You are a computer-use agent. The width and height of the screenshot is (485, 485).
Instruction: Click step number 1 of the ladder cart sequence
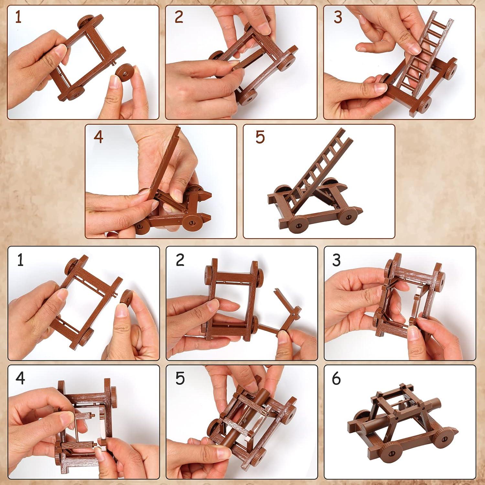coord(18,17)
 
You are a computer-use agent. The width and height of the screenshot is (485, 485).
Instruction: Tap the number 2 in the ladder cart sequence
coord(179,17)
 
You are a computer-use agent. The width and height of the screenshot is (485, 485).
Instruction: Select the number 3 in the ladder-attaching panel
coord(338,17)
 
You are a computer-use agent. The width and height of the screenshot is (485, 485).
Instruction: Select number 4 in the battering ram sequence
coord(20,378)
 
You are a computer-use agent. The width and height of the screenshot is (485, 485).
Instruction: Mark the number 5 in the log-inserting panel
coord(180,378)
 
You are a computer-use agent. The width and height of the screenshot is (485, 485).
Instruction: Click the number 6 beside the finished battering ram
coord(336,378)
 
